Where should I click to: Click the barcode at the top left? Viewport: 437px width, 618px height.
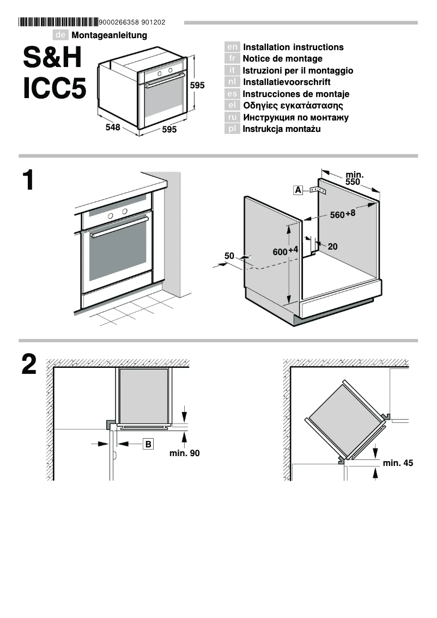click(58, 22)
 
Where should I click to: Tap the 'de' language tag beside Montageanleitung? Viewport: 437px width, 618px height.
click(61, 35)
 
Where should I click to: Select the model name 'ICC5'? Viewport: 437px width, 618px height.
click(54, 89)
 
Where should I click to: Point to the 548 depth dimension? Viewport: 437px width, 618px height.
click(113, 128)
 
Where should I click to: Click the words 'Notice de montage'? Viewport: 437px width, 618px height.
click(282, 59)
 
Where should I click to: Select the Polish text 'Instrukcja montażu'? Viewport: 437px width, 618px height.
click(281, 129)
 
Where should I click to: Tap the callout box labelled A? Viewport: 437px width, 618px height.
click(298, 190)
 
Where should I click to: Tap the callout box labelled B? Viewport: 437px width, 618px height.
click(148, 444)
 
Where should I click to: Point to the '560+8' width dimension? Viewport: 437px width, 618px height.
click(343, 214)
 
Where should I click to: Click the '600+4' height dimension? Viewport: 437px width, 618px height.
click(286, 251)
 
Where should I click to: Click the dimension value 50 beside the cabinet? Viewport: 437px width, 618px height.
click(229, 255)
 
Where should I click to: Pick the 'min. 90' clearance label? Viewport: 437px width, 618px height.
click(185, 453)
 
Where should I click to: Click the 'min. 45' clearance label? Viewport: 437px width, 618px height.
click(398, 463)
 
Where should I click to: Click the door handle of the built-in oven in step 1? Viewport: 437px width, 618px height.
click(120, 227)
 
